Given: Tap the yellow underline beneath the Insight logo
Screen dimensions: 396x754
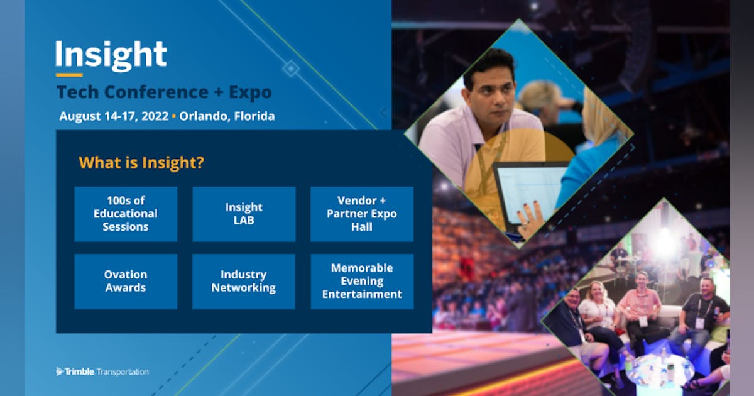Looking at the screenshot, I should [68, 75].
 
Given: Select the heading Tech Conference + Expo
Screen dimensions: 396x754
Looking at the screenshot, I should [164, 92].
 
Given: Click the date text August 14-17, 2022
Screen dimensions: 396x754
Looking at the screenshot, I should [114, 116].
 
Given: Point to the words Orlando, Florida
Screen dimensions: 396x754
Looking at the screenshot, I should [227, 116].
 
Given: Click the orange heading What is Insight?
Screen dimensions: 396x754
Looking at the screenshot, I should [141, 163].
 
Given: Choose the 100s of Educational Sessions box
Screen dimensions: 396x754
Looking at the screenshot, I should [126, 214].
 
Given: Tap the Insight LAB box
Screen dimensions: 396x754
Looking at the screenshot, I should [244, 214].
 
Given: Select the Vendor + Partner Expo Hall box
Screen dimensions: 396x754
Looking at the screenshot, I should [362, 214].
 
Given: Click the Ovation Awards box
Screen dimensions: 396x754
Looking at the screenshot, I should [126, 281].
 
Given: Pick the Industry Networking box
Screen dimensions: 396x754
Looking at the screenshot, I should [244, 281].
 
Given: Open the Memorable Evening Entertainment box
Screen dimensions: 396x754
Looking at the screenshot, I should [362, 281].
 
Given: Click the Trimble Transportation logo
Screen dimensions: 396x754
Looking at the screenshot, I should [102, 371].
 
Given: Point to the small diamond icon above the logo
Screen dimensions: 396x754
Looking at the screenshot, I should [290, 68].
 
